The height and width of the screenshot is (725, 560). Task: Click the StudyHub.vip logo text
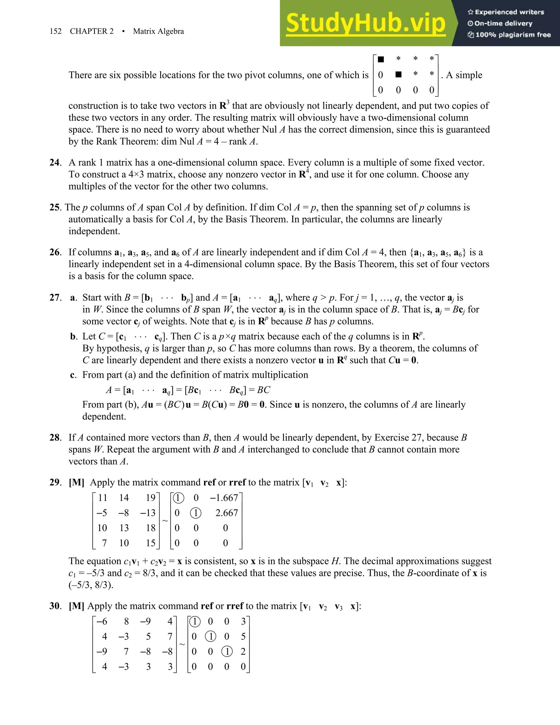pyautogui.click(x=366, y=23)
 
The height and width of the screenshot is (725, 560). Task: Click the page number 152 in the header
pyautogui.click(x=56, y=31)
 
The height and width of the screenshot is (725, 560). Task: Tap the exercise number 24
pyautogui.click(x=55, y=163)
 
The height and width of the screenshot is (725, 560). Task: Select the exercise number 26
pyautogui.click(x=55, y=252)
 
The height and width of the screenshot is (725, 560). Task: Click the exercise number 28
pyautogui.click(x=55, y=437)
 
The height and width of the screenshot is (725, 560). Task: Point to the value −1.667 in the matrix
pyautogui.click(x=224, y=498)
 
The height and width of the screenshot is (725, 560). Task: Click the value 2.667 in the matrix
pyautogui.click(x=227, y=513)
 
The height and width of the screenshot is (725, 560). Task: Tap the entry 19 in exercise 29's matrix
pyautogui.click(x=150, y=498)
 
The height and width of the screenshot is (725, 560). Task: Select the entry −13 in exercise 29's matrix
pyautogui.click(x=148, y=513)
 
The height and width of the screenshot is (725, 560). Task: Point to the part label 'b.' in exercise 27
pyautogui.click(x=74, y=337)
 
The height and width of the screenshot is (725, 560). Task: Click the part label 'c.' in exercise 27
pyautogui.click(x=73, y=375)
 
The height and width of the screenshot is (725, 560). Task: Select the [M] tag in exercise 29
pyautogui.click(x=76, y=482)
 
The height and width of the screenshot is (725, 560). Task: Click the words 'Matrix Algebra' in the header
pyautogui.click(x=158, y=31)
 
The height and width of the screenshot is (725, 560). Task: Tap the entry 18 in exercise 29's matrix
pyautogui.click(x=150, y=528)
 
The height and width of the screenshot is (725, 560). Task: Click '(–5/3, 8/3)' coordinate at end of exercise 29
pyautogui.click(x=91, y=585)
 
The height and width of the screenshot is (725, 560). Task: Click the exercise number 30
pyautogui.click(x=55, y=606)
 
